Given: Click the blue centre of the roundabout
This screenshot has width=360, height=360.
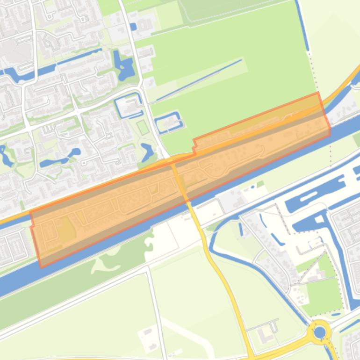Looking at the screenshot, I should coord(320,332).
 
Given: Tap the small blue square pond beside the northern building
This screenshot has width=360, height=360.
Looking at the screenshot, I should coord(134,27).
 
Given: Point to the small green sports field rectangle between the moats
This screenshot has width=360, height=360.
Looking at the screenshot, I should coord(143,127).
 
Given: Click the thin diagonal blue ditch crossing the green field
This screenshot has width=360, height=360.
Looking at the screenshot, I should coord(199,79).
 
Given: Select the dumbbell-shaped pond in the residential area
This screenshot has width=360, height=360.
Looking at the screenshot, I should coord(60,159).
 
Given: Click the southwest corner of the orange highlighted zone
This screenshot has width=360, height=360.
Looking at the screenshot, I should coord(41,267).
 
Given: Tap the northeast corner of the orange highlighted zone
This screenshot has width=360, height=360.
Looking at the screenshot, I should coord(319,93).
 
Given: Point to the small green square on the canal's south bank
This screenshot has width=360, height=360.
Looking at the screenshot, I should coord(260,184).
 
